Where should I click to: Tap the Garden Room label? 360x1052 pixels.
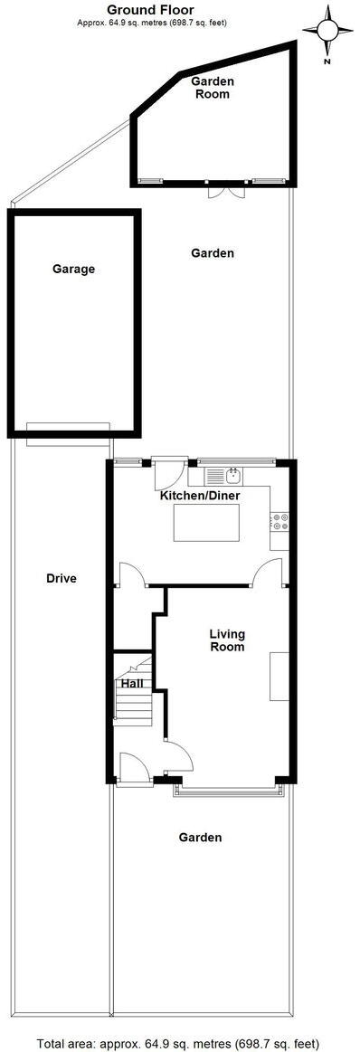click(x=213, y=87)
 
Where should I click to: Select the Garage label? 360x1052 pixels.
click(x=73, y=269)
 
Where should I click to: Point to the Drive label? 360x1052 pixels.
click(x=62, y=579)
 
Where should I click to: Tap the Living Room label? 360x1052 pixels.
click(x=227, y=640)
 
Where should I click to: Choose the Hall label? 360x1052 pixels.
click(x=133, y=684)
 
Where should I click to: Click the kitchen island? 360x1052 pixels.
click(x=207, y=523)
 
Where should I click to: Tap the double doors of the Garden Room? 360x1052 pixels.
click(x=225, y=192)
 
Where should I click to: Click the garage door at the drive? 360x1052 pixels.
click(x=69, y=434)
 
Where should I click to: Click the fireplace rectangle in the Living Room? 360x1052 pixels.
click(x=279, y=675)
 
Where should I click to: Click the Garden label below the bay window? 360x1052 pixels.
click(x=200, y=838)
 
